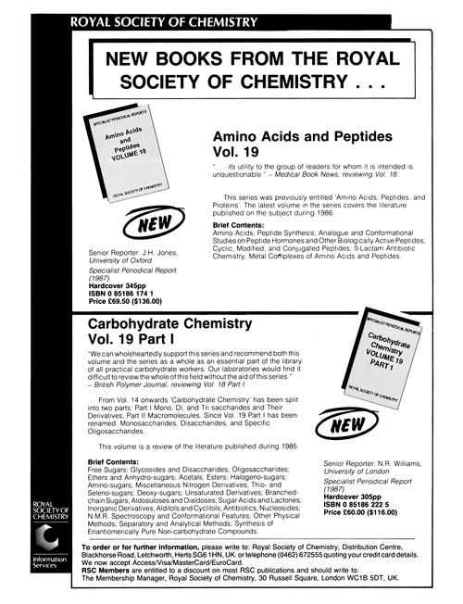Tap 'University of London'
click(358, 468)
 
